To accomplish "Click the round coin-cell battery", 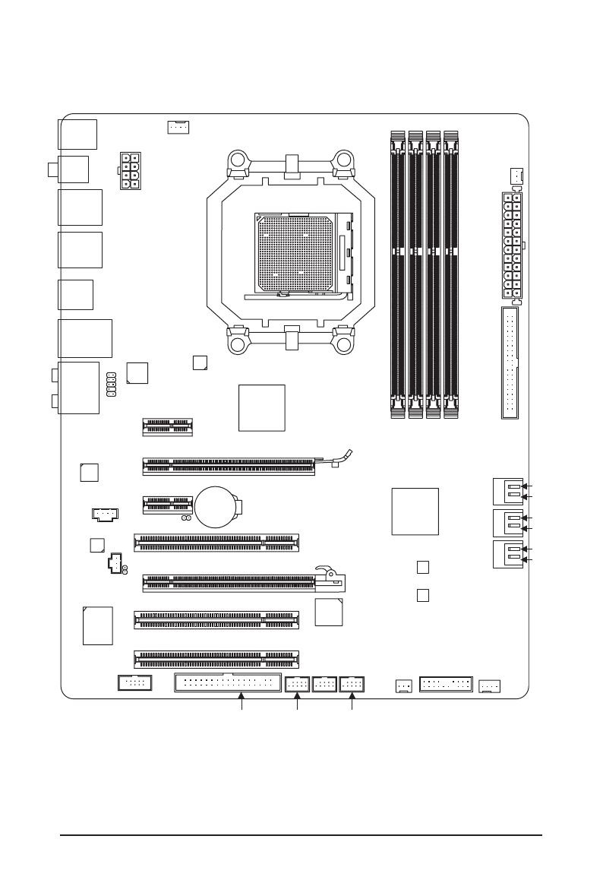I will [217, 506].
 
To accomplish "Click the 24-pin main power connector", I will [512, 245].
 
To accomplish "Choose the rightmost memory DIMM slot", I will [451, 274].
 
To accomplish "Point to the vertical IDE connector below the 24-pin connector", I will [510, 363].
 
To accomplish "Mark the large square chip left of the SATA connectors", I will [415, 511].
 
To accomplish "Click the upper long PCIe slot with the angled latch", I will [228, 466].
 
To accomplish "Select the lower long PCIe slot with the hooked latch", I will [229, 583].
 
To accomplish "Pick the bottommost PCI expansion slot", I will [216, 658].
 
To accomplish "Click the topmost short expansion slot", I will [166, 426].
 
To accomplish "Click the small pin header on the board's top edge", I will [178, 127].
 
